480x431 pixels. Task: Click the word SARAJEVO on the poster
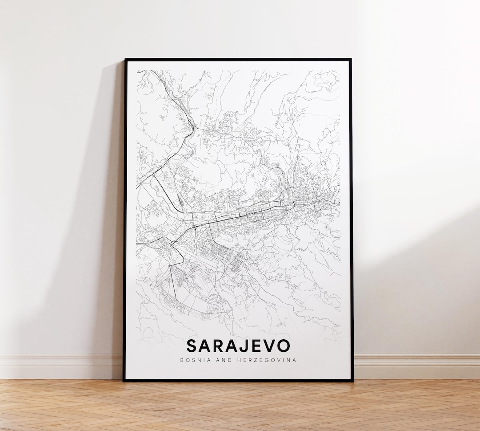click(238, 346)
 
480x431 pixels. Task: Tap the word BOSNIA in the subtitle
click(195, 360)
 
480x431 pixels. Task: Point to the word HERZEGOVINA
click(264, 360)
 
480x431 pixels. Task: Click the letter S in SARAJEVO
click(192, 346)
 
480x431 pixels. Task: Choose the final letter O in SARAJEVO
click(284, 346)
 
